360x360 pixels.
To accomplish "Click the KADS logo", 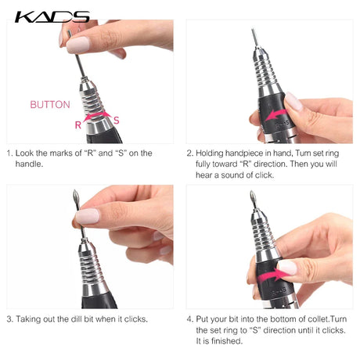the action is pyautogui.click(x=52, y=17).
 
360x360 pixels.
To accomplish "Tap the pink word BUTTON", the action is pyautogui.click(x=50, y=105).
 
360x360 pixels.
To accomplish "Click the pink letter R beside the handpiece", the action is pyautogui.click(x=78, y=125).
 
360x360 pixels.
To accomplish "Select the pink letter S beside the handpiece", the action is pyautogui.click(x=117, y=121).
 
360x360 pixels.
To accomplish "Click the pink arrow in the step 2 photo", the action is pyautogui.click(x=275, y=115).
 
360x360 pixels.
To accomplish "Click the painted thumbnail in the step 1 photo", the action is pyautogui.click(x=77, y=45).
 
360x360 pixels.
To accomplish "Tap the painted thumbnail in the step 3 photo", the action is pyautogui.click(x=88, y=216).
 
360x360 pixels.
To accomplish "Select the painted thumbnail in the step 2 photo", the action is pyautogui.click(x=293, y=101).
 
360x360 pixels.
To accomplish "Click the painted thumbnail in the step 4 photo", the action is pyautogui.click(x=287, y=268).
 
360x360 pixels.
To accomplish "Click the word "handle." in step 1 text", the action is pyautogui.click(x=29, y=164).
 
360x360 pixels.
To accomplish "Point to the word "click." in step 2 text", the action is pyautogui.click(x=265, y=175).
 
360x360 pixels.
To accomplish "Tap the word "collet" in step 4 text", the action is pyautogui.click(x=319, y=319).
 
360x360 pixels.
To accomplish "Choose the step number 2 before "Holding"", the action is pyautogui.click(x=189, y=153).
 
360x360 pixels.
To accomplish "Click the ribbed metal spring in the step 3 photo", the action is pyautogui.click(x=92, y=268).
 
